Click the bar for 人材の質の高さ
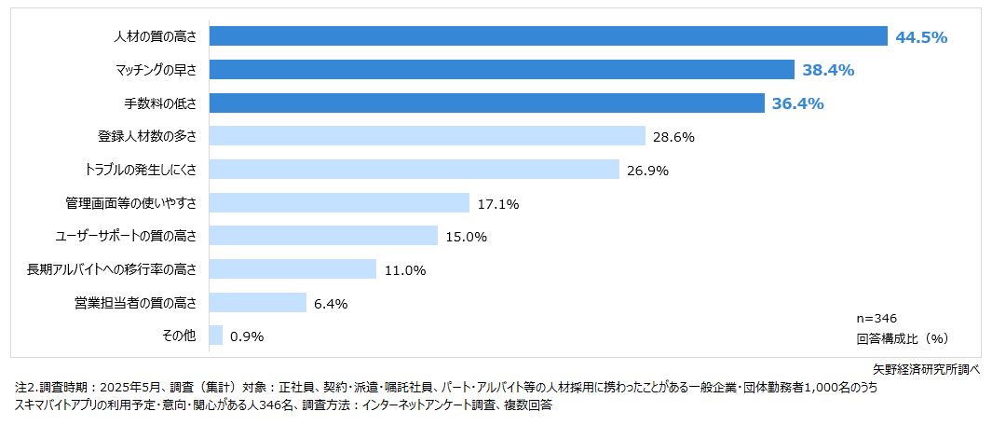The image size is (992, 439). [548, 36]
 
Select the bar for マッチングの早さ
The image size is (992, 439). [501, 70]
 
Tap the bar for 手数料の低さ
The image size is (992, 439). [486, 103]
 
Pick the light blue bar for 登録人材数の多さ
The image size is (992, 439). [427, 136]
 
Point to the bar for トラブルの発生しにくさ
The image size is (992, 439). [414, 170]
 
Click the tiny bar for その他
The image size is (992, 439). [216, 336]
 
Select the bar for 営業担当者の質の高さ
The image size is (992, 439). [258, 303]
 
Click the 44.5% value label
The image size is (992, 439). [920, 37]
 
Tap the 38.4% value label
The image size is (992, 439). [828, 71]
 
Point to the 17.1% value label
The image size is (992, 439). [498, 204]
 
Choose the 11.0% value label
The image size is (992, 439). [405, 270]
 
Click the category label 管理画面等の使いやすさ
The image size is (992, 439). [131, 202]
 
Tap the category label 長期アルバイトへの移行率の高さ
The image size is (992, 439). [114, 269]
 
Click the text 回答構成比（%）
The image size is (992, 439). [901, 337]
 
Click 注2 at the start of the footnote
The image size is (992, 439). [25, 386]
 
